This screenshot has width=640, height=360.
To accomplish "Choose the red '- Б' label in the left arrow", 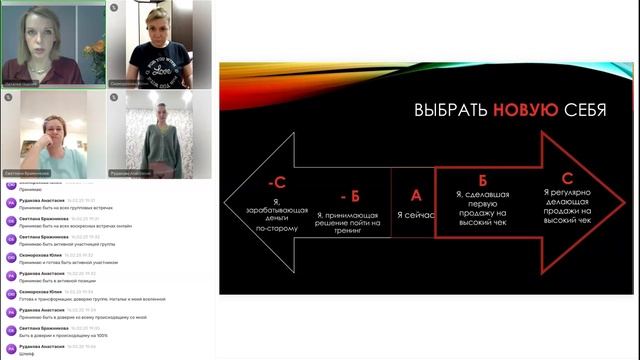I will pos(349,194).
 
